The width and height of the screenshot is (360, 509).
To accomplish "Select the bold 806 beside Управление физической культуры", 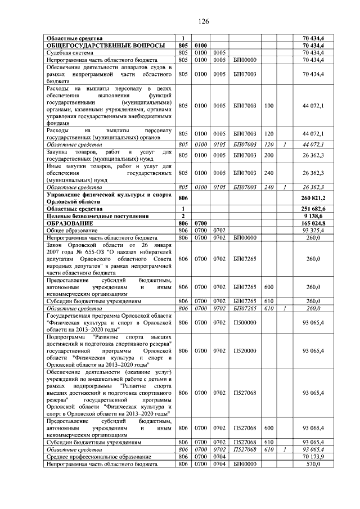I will pyautogui.click(x=182, y=198).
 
